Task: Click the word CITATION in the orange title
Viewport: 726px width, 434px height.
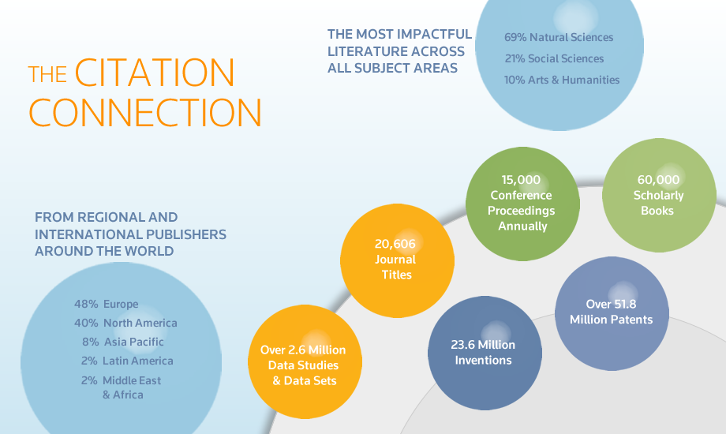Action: tap(155, 73)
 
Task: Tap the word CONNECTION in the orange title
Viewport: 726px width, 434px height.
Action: tap(145, 113)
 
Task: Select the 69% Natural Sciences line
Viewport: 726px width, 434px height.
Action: tap(559, 38)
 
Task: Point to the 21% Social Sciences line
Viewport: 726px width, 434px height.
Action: tap(554, 59)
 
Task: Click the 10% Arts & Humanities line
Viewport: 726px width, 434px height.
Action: tap(562, 80)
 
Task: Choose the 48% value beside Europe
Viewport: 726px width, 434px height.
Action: tap(86, 304)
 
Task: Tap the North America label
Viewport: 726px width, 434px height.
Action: tap(140, 323)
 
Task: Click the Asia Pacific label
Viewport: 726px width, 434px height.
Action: tap(134, 342)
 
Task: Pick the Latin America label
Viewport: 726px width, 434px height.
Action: tap(138, 361)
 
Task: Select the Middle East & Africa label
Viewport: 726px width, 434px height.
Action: tap(132, 387)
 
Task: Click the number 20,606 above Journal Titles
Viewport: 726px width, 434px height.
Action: tap(395, 244)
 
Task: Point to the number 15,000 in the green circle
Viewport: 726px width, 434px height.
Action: tap(521, 180)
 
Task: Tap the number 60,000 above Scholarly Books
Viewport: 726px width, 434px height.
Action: tap(658, 180)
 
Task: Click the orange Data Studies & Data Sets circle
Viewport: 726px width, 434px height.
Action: tap(305, 361)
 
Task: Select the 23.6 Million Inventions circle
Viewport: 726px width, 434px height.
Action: tap(485, 353)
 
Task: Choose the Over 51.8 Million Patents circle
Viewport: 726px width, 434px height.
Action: tap(612, 313)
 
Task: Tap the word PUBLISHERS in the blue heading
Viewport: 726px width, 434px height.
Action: tap(186, 234)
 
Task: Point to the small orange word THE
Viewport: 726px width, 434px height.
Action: tap(47, 75)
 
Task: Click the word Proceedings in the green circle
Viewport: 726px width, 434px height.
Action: tap(522, 211)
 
